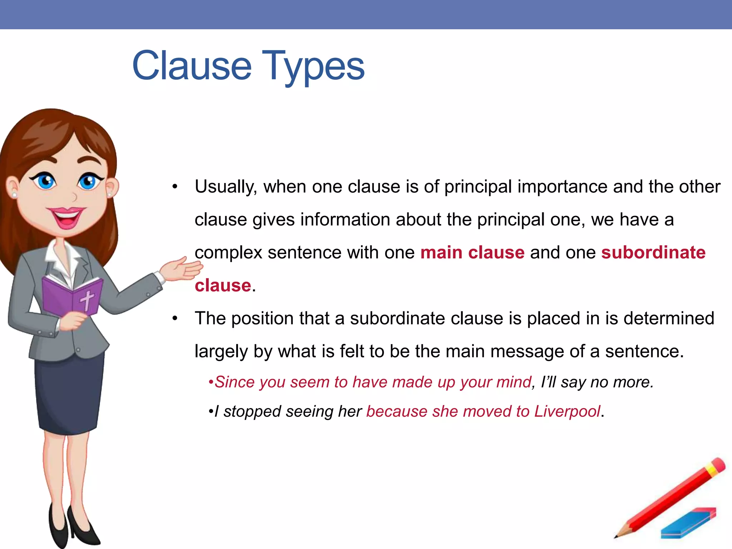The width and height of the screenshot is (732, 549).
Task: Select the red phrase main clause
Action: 472,252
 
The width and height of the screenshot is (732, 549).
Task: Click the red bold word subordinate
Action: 653,252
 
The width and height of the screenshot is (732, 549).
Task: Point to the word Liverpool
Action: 567,411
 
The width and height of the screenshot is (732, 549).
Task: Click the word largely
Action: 221,351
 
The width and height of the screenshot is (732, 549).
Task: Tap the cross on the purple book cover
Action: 87,300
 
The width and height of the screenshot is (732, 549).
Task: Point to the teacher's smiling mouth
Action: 66,217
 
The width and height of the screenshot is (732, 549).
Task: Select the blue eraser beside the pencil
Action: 688,524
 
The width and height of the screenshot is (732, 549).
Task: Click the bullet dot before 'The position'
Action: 174,318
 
